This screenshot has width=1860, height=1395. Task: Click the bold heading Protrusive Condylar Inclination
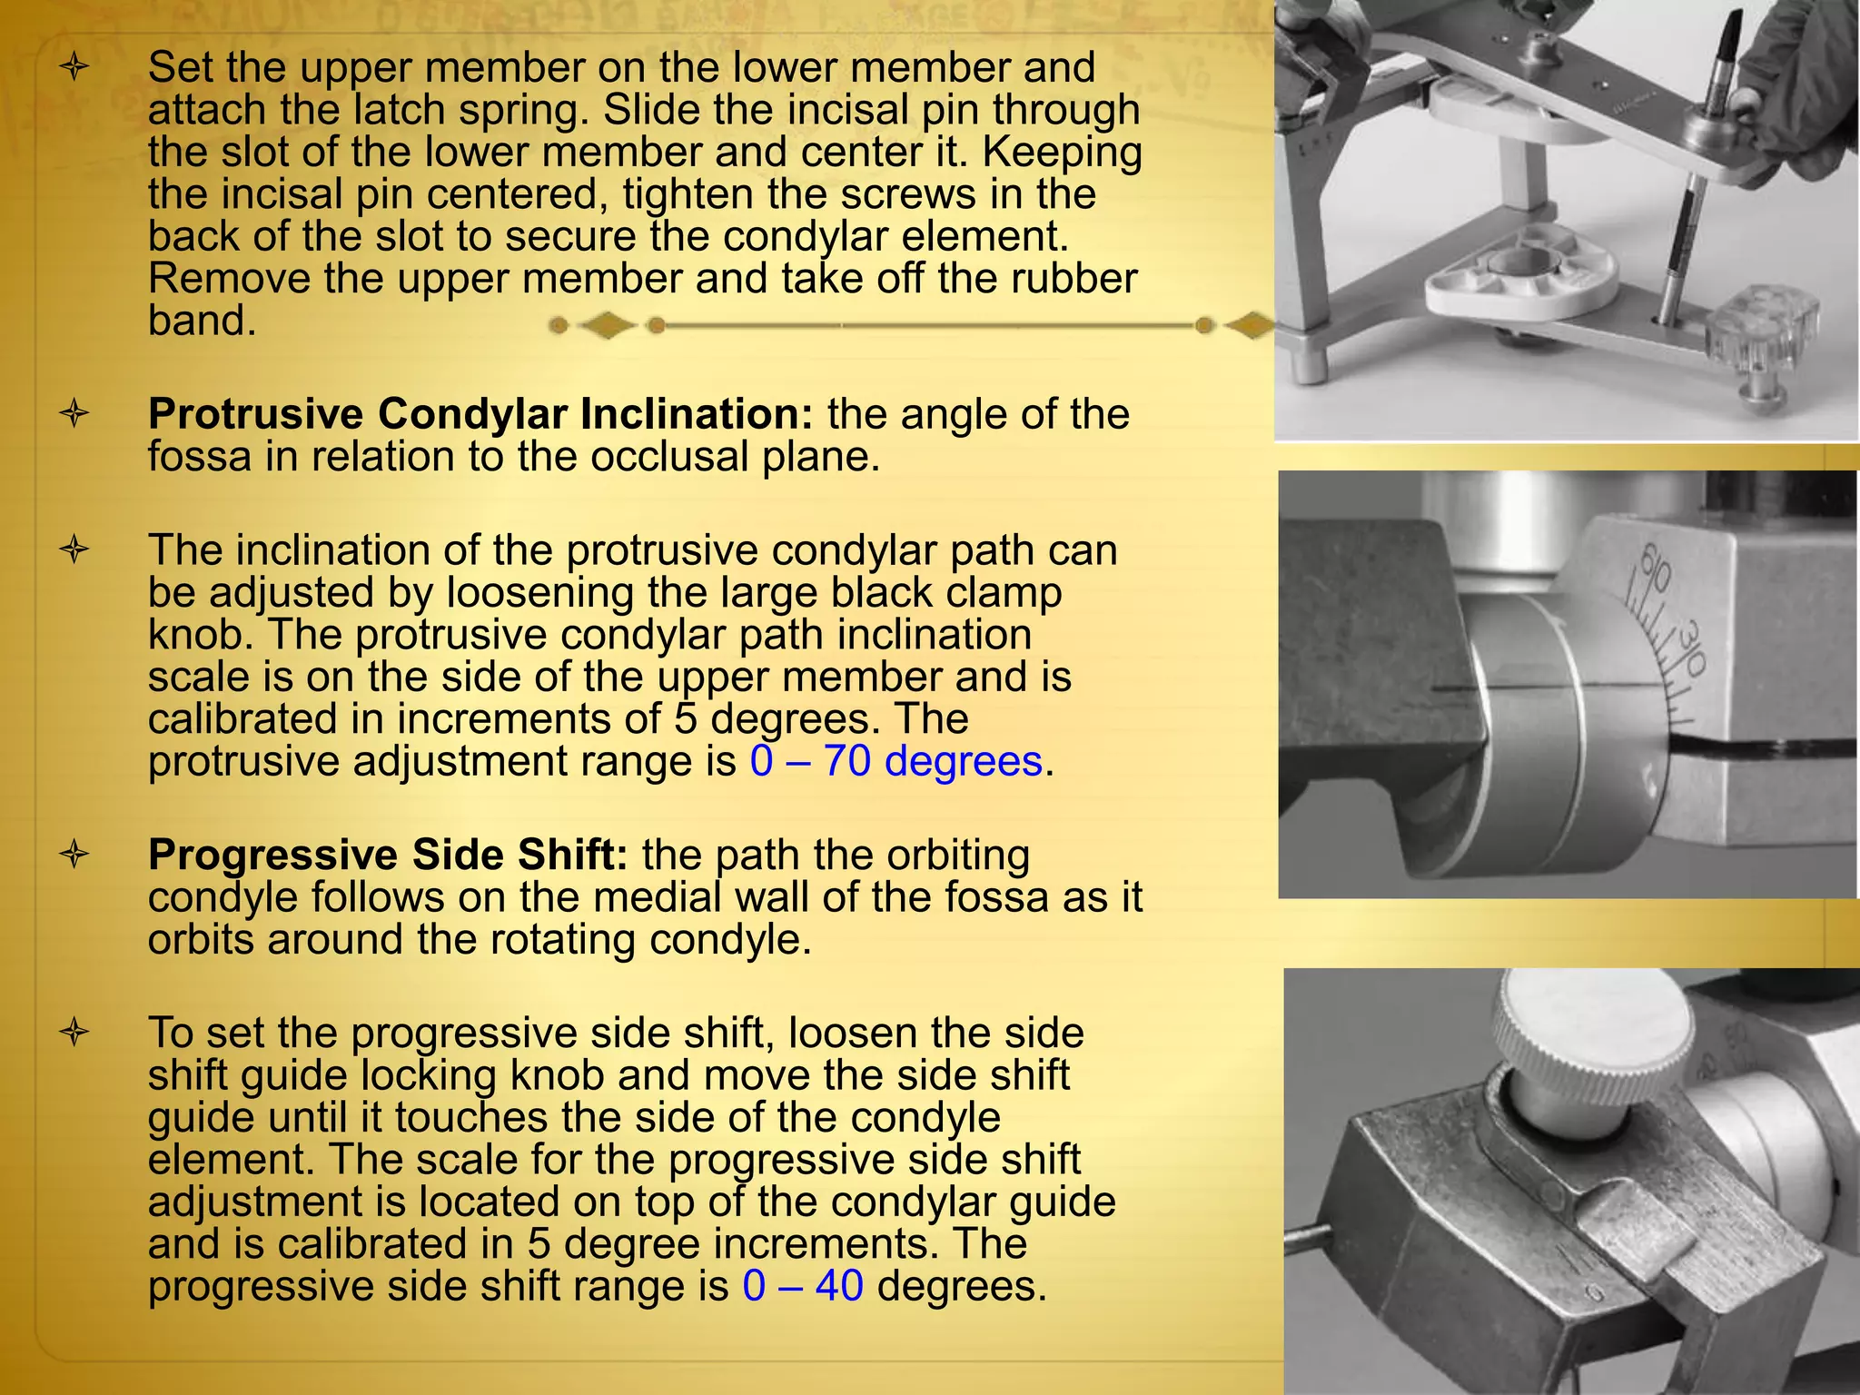click(480, 414)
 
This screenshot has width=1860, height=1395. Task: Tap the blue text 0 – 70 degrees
click(895, 761)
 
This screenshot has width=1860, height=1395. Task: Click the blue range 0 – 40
click(803, 1286)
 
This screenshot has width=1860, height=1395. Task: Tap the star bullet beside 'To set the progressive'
click(74, 1033)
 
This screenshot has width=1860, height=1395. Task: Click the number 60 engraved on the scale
click(1655, 570)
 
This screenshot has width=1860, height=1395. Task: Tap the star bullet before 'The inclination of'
click(74, 549)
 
